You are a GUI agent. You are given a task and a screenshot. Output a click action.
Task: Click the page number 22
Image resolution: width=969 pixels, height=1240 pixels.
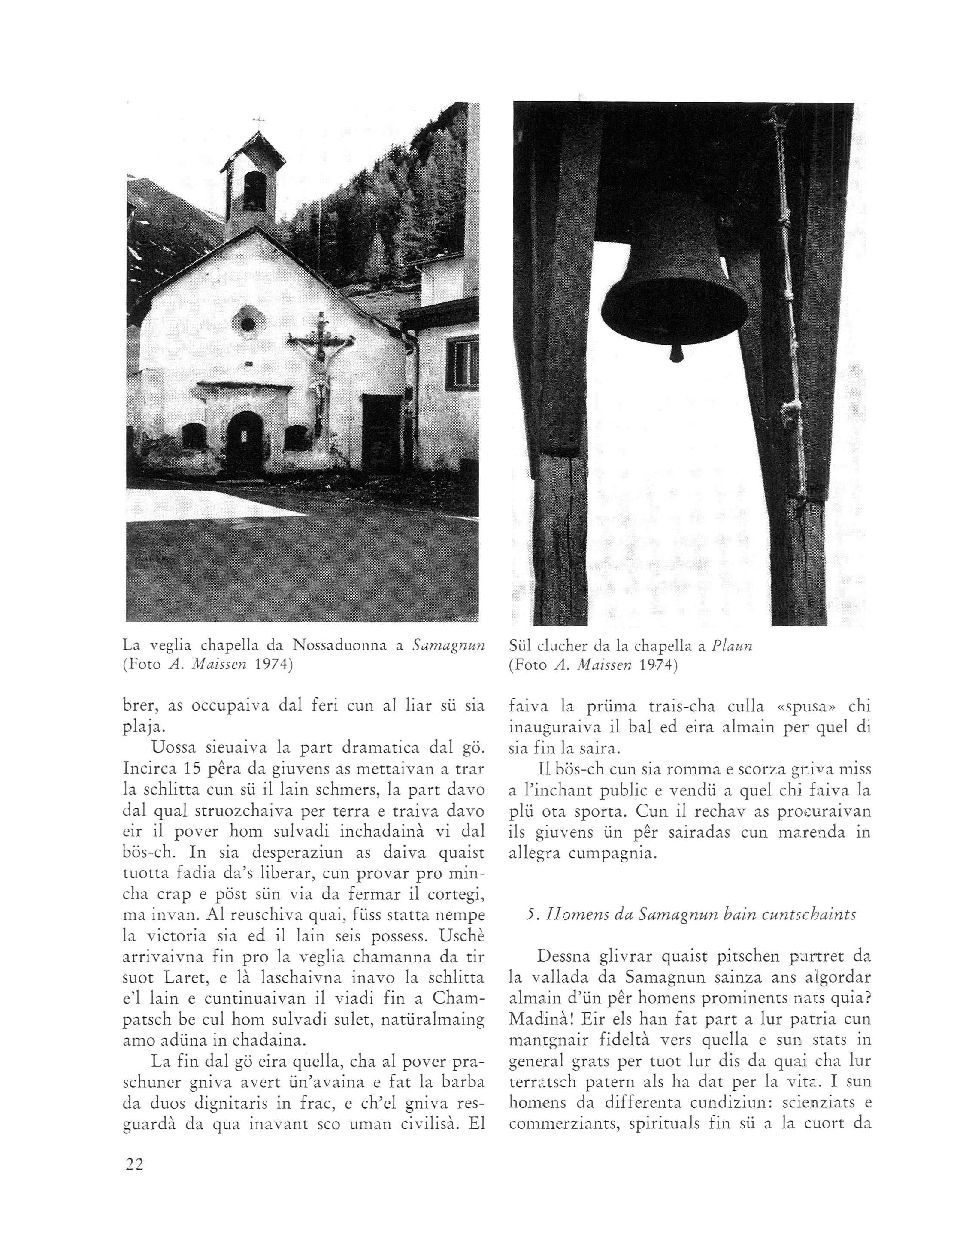pos(135,1164)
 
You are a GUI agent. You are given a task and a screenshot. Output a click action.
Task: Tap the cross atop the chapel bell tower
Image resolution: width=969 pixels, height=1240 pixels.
pos(259,121)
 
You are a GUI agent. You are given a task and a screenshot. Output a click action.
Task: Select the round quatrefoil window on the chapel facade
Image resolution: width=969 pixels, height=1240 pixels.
pos(248,323)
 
